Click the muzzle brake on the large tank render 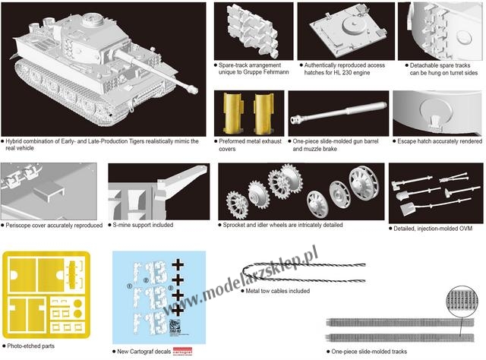tap(192, 89)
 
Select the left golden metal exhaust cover tap(234, 114)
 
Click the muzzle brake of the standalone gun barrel tap(296, 119)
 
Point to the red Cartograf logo tap(182, 351)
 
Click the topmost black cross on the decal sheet tap(178, 265)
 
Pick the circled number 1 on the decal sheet tap(130, 286)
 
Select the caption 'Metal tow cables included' tap(277, 291)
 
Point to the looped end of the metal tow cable tap(245, 272)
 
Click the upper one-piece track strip tap(400, 323)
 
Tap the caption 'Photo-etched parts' tap(30, 346)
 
